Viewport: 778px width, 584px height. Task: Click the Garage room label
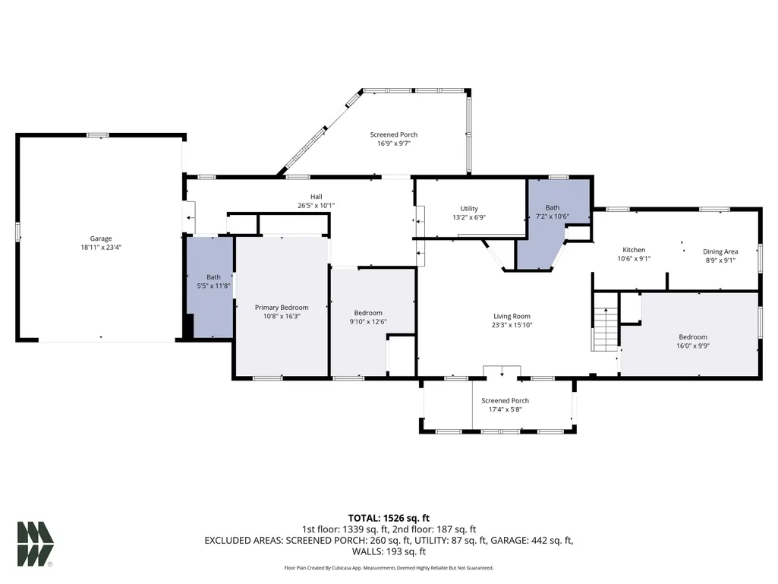coord(101,238)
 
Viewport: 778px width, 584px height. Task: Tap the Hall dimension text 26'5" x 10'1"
coord(316,206)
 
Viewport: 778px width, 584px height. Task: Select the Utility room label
coord(469,209)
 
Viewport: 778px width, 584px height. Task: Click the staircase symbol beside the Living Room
coord(606,330)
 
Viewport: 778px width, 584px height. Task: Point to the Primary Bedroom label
coord(282,308)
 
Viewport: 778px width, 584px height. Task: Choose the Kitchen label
coord(634,250)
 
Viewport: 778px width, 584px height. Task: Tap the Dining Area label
coord(720,252)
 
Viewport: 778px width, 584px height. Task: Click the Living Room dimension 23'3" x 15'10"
coord(512,325)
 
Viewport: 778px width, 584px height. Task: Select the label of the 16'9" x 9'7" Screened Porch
coord(394,134)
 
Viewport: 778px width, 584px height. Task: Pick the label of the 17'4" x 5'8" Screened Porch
coord(505,401)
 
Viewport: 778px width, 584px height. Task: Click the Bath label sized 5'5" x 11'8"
coord(214,277)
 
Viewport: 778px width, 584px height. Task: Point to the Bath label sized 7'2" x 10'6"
coord(553,207)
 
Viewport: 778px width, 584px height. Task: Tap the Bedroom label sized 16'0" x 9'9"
coord(693,337)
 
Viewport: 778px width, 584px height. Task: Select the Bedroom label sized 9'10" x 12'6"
coord(368,313)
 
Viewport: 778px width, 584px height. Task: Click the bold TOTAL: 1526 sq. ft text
coord(389,519)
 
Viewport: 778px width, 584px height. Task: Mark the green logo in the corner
coord(35,544)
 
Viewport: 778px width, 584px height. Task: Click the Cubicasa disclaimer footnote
coord(389,567)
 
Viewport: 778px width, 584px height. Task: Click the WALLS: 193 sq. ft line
coord(389,551)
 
